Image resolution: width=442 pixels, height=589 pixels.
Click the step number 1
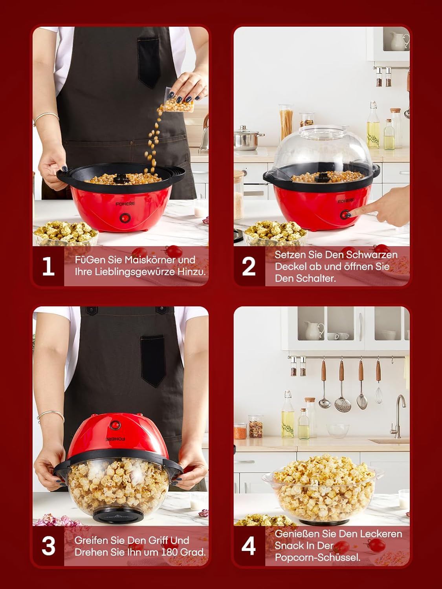pos(48,266)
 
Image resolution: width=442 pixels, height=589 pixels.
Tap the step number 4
pos(248,546)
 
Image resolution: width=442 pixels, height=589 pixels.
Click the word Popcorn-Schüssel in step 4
pos(317,557)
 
